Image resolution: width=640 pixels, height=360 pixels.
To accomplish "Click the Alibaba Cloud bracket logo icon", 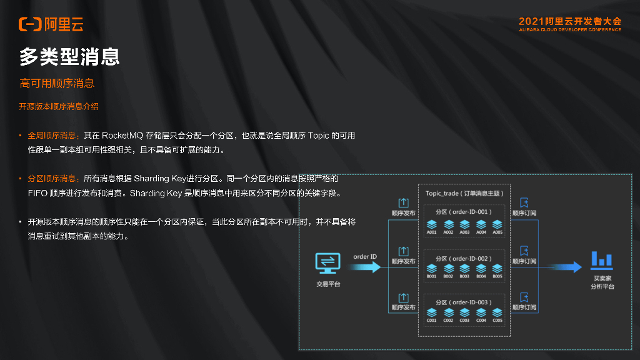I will click(30, 24).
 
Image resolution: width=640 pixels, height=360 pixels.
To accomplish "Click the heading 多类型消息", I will click(69, 57).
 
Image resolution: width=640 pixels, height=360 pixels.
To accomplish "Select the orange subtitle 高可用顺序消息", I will click(57, 83).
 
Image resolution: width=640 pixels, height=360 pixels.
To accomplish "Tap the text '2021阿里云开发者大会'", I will click(570, 21).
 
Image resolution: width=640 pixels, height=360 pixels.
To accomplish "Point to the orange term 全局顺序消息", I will click(53, 135).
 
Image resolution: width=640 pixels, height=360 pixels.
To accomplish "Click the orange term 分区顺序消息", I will click(53, 177).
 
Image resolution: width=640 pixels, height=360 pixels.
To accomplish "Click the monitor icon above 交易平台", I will click(328, 262).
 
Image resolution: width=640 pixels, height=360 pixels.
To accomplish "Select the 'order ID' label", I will click(365, 256).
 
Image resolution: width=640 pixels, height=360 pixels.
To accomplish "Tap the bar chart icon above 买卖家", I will click(602, 258).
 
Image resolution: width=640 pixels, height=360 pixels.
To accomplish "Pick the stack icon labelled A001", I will click(432, 223).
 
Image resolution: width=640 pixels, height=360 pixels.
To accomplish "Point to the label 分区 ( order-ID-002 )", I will click(464, 258).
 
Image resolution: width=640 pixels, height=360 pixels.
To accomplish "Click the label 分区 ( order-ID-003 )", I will click(464, 302).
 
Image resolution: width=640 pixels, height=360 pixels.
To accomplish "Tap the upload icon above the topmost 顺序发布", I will click(404, 202).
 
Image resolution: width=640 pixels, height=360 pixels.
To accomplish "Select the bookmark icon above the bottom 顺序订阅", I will click(524, 297).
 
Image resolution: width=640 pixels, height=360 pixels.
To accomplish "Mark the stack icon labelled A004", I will click(481, 223).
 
